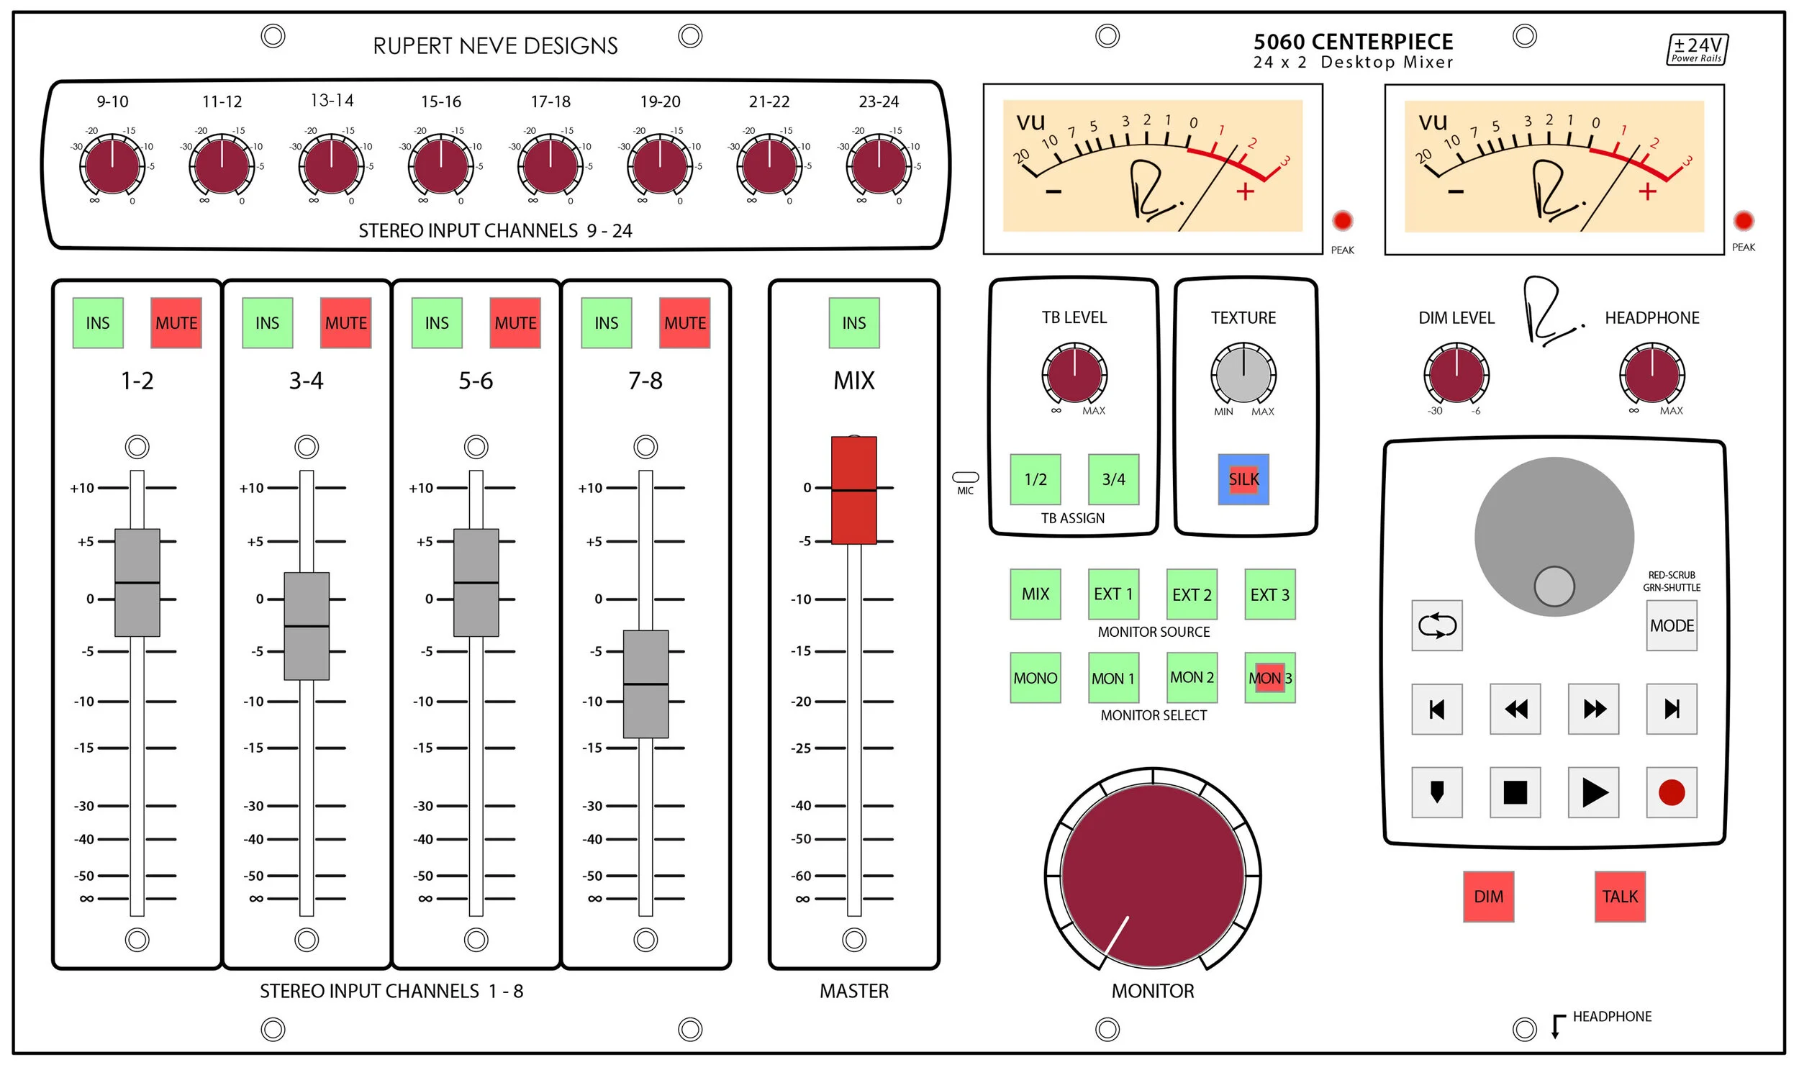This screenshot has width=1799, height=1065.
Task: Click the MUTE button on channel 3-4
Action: (345, 322)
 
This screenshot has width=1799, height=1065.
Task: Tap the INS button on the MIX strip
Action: (853, 322)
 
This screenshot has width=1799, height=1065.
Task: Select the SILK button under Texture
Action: (1243, 479)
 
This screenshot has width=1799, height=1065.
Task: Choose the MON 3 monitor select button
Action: (1269, 677)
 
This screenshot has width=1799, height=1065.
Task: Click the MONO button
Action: (1035, 677)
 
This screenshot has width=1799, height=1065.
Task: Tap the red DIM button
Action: (1488, 896)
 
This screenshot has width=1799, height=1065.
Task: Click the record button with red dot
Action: (1671, 792)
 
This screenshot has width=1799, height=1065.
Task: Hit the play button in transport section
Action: (1593, 792)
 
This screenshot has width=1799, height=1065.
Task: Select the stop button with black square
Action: (1515, 792)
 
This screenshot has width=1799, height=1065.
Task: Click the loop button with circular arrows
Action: (1436, 625)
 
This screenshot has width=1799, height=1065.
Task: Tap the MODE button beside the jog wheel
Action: (1671, 625)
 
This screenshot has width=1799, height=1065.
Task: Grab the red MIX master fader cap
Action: (853, 490)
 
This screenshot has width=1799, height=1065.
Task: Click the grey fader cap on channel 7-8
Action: (645, 684)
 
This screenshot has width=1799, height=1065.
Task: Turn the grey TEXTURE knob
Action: (1243, 373)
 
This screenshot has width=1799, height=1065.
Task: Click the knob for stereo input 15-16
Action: (440, 166)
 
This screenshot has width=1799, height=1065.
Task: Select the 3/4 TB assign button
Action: (1113, 479)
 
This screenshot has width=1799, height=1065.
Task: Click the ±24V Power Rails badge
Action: (1697, 50)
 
